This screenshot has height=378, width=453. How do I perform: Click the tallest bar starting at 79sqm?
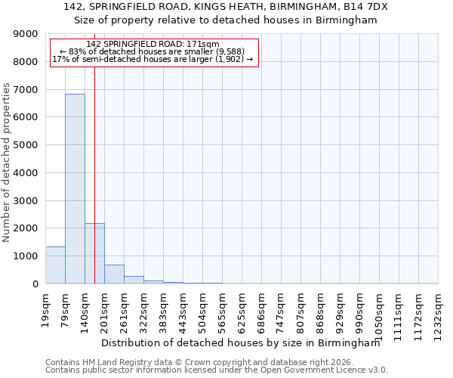[x=75, y=189]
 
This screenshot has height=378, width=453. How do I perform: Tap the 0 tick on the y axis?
[x=34, y=284]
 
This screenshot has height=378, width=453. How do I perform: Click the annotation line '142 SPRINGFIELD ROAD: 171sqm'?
[x=154, y=45]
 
